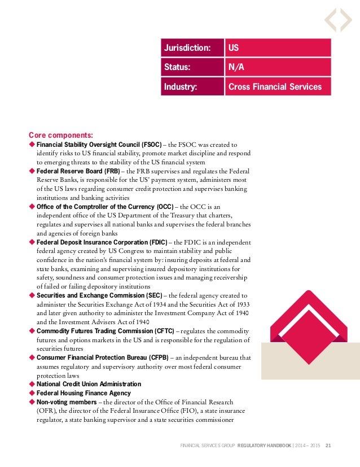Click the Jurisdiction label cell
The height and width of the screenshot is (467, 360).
(x=192, y=48)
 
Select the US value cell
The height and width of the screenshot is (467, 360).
(x=277, y=48)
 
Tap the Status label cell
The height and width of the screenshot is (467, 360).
(x=192, y=68)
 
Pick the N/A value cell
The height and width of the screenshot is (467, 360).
(x=277, y=68)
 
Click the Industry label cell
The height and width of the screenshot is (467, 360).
(x=192, y=87)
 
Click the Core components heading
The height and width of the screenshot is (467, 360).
(x=61, y=135)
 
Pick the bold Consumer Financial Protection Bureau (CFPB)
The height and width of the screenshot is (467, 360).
(x=103, y=357)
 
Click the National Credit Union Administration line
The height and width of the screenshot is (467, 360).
(x=89, y=384)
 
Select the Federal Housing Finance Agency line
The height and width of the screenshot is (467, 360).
(x=84, y=393)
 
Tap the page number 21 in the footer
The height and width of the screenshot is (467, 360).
(x=328, y=446)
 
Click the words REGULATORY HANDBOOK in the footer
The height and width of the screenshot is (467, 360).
(x=265, y=446)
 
